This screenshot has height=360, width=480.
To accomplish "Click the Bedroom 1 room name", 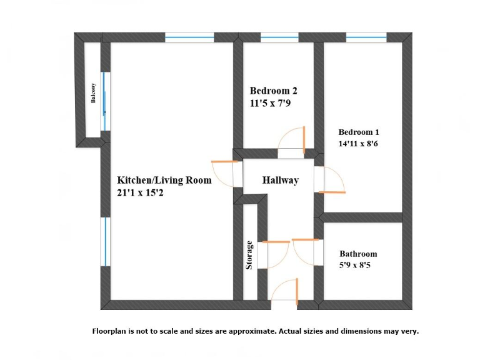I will [359, 132].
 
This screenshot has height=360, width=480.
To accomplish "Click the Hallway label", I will [280, 180].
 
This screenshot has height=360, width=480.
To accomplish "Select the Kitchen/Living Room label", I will [164, 181].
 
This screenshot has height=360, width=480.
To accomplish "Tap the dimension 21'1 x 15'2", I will [141, 193].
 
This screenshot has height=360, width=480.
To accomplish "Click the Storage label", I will [249, 254].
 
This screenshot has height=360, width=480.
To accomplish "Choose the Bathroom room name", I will [358, 254].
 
